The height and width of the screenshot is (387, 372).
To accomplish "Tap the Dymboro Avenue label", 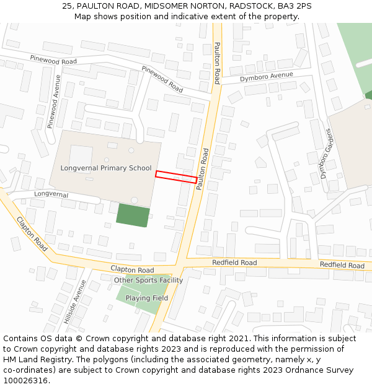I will (266, 77).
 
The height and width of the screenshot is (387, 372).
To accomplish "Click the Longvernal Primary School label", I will (106, 168).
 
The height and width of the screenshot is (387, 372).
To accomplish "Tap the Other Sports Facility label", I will (148, 280).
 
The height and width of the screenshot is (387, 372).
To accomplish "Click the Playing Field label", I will (146, 298).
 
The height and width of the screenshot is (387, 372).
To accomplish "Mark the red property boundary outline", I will (176, 176).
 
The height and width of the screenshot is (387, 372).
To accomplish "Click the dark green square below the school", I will (133, 215).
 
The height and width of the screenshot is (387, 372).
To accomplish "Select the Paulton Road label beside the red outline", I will (203, 168).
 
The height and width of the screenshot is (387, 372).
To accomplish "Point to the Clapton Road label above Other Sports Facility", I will (132, 270).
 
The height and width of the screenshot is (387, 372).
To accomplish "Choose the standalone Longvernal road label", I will (51, 194).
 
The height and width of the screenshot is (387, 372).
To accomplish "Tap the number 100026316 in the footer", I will (25, 381).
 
